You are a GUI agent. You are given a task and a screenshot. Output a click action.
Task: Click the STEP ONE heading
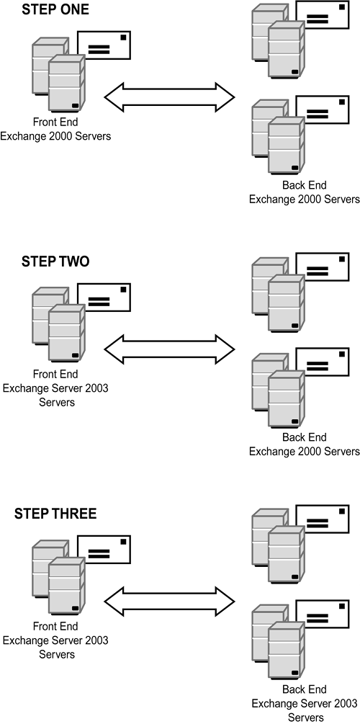(55, 9)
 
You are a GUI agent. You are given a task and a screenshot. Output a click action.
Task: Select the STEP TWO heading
(55, 262)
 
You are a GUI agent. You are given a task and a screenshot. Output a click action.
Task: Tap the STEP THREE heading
(55, 514)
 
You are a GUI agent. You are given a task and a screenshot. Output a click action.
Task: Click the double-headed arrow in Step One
(169, 97)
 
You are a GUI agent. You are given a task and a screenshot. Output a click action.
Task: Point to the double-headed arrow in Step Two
(169, 349)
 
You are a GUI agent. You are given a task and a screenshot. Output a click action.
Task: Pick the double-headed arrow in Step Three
(169, 602)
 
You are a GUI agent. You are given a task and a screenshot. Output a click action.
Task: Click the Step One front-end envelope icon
(104, 45)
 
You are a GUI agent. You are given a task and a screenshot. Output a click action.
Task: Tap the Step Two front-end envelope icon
(104, 298)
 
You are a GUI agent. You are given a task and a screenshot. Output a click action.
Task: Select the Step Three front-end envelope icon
(104, 550)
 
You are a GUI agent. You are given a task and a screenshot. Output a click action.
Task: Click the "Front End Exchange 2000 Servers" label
(55, 129)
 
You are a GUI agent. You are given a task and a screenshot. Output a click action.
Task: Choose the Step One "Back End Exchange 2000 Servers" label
(304, 192)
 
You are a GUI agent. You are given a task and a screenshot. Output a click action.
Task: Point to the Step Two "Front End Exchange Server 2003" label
(55, 388)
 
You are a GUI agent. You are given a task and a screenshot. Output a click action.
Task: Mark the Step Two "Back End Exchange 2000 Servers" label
(304, 444)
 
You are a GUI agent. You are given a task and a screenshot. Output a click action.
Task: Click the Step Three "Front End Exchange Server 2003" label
(55, 640)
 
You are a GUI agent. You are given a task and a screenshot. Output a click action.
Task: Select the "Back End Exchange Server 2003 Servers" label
(304, 703)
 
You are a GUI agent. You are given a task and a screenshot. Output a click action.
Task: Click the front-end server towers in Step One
(58, 75)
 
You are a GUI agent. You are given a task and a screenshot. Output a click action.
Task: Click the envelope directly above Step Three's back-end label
(323, 614)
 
